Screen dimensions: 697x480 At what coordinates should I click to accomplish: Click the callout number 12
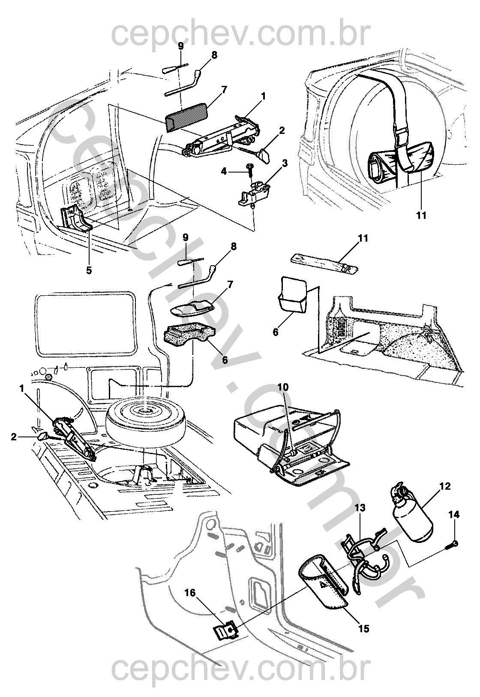[x=445, y=486]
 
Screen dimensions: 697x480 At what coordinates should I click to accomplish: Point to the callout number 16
[x=190, y=593]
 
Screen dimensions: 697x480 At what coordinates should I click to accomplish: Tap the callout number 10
[x=283, y=388]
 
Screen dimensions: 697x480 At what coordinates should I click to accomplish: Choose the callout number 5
[x=88, y=270]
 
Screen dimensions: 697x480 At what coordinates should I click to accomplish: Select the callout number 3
[x=285, y=164]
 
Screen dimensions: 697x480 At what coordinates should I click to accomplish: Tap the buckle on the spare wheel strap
[x=403, y=138]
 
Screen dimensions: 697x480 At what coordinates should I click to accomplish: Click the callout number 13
[x=360, y=508]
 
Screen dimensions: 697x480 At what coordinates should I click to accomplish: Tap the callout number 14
[x=454, y=514]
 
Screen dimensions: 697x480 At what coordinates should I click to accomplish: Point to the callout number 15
[x=363, y=629]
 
